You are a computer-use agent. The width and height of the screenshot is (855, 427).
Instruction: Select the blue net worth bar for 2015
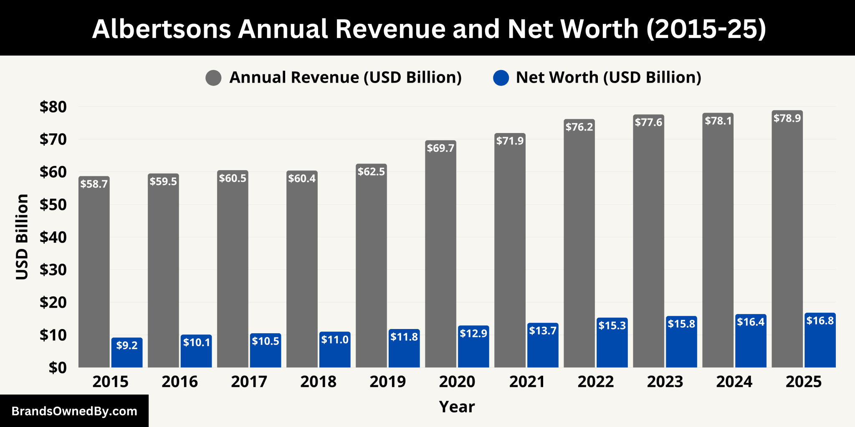(x=127, y=354)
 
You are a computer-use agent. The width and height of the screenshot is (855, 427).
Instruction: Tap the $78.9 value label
(x=787, y=118)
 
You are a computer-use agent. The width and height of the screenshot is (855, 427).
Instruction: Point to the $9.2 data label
(x=127, y=345)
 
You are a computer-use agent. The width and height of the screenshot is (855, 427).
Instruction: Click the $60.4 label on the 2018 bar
(x=302, y=178)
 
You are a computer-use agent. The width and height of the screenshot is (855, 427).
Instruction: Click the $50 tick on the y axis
(x=53, y=205)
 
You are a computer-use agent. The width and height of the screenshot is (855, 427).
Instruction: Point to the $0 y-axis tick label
(x=58, y=368)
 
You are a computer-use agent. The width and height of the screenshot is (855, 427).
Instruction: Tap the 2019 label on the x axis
(x=387, y=382)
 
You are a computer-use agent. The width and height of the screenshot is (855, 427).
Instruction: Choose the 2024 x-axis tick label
(x=734, y=382)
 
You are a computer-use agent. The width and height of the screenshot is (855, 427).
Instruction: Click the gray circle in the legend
(x=213, y=78)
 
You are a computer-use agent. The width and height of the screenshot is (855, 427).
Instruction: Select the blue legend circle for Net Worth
(x=501, y=78)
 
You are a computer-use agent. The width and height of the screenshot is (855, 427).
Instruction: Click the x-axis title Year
(x=457, y=407)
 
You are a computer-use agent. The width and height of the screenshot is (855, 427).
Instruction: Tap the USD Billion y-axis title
(x=22, y=236)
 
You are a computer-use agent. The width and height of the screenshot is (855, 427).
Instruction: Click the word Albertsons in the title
(x=162, y=29)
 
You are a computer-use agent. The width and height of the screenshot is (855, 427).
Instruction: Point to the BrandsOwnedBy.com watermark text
(x=74, y=412)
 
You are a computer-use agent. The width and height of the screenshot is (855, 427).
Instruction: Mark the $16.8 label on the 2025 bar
(x=820, y=321)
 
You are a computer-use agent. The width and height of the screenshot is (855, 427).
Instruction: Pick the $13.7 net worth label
(x=543, y=331)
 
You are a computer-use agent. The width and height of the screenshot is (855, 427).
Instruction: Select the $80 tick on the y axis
(x=53, y=107)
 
